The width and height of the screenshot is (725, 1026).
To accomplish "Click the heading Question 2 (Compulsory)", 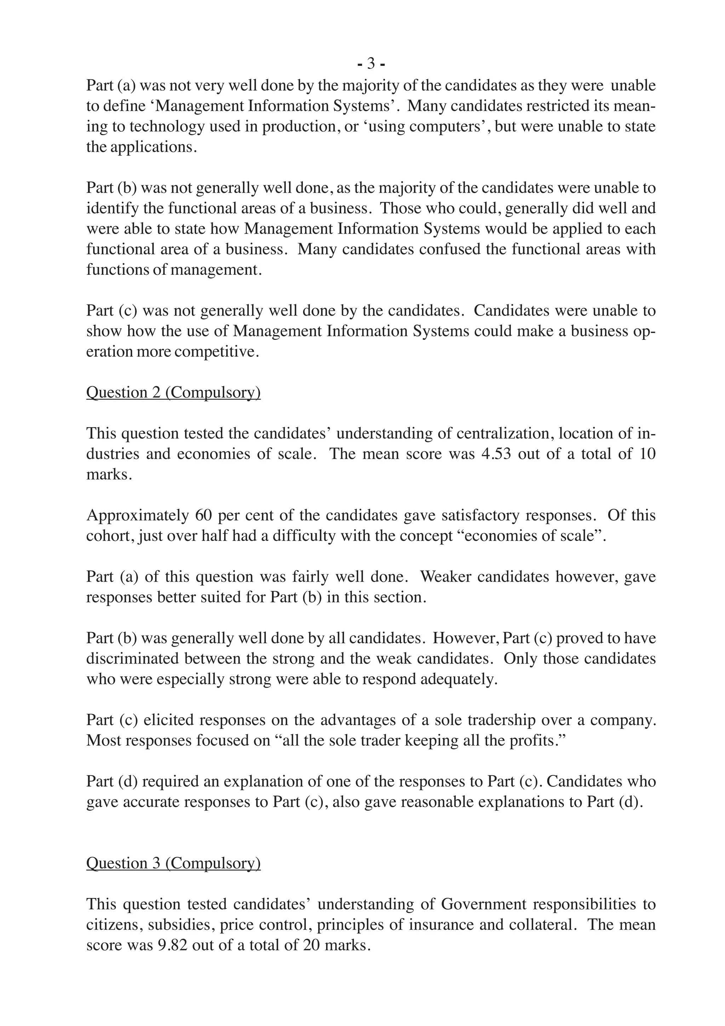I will coord(173,392).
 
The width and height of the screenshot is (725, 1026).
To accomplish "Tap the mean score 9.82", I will coord(173,945).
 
